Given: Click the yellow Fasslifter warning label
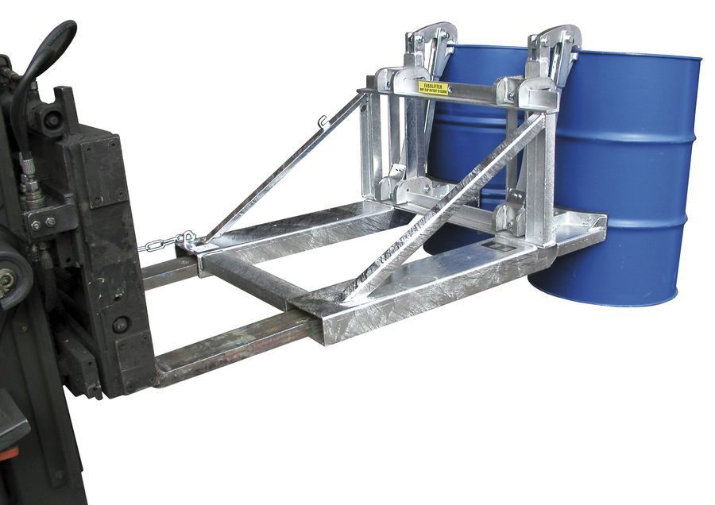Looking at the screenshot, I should [434, 87].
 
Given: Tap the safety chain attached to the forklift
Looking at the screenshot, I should [163, 242].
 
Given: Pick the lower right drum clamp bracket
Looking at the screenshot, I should [508, 218].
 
